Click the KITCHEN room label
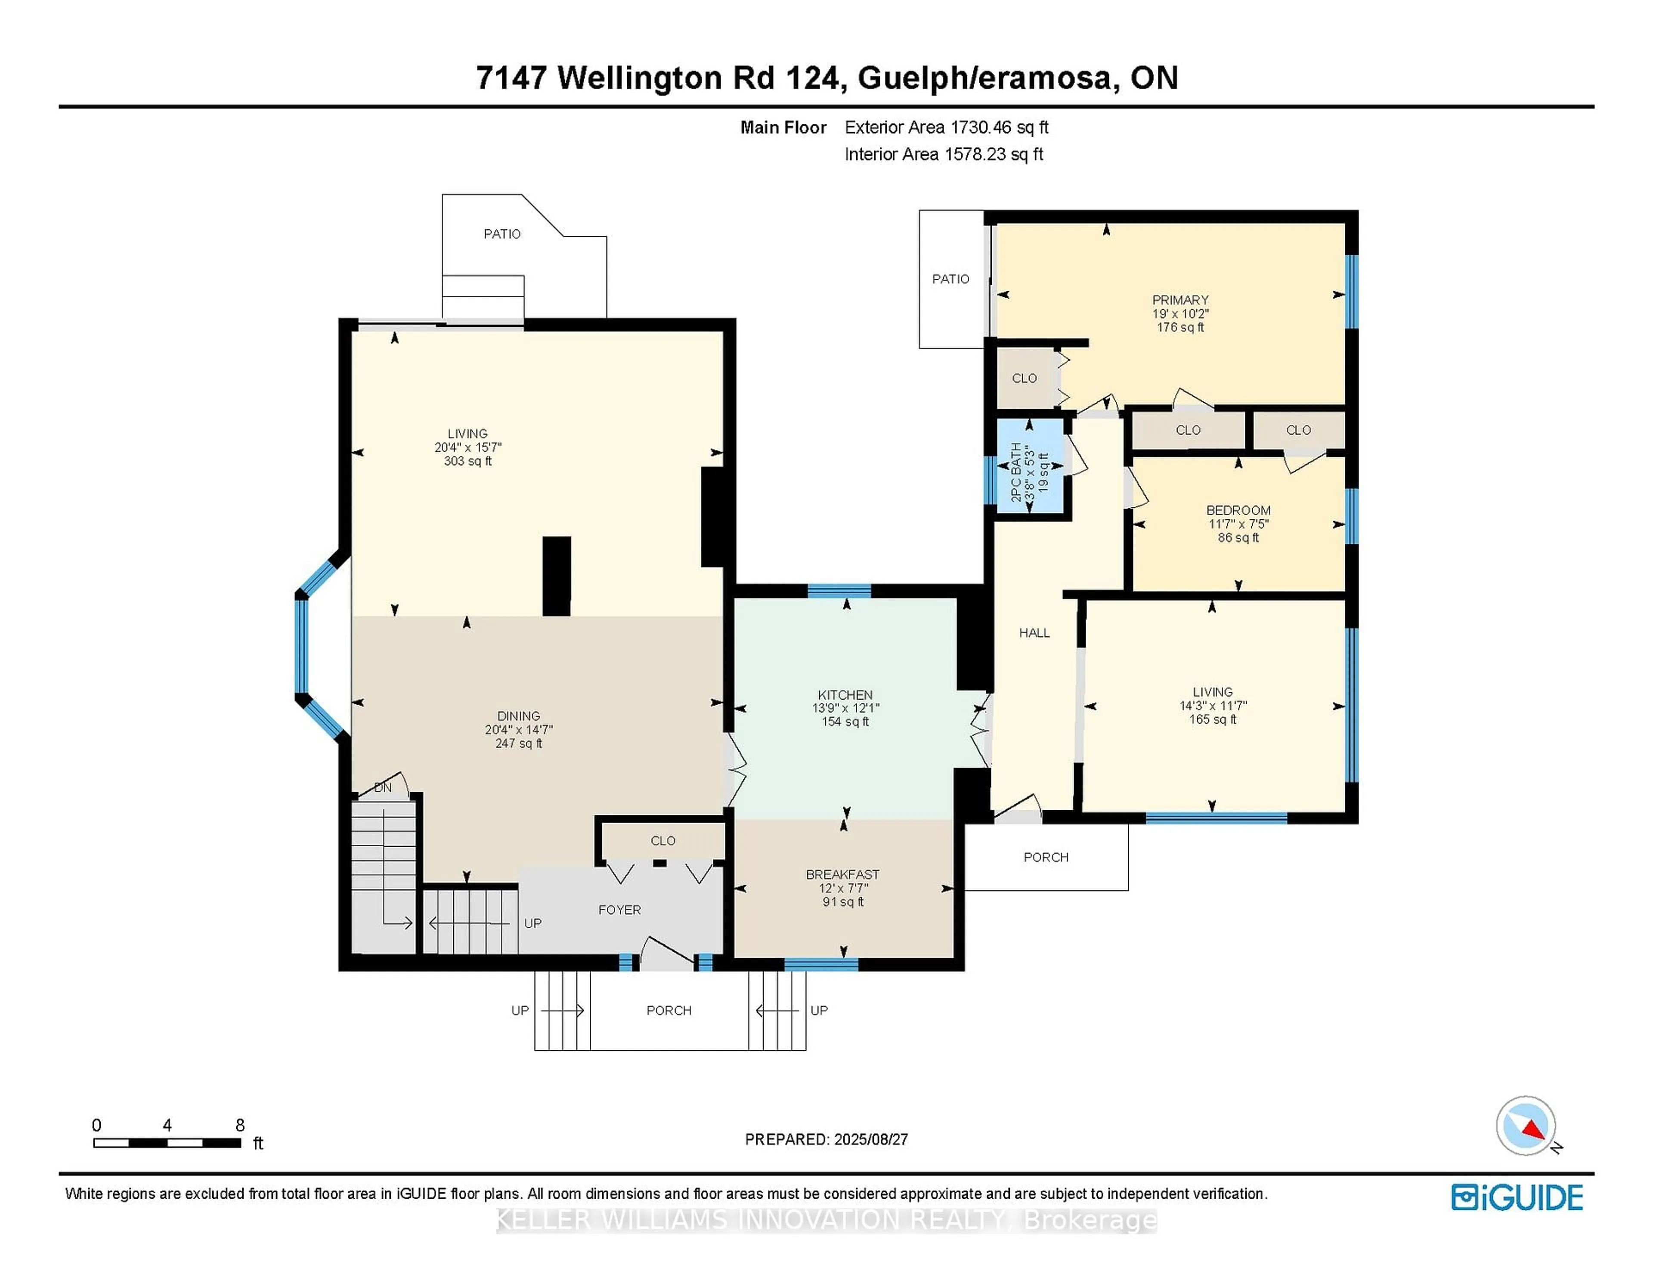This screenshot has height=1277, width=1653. coord(845,694)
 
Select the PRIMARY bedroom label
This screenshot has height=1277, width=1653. coord(1180,299)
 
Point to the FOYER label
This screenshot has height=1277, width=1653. coord(619,909)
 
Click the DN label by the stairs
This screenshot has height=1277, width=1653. coord(383,787)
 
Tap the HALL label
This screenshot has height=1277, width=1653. coord(1034,632)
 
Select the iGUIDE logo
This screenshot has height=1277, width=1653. coord(1517,1197)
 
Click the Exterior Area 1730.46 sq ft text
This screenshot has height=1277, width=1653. coord(946,127)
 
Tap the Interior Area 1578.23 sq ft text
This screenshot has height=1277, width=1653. coord(943,154)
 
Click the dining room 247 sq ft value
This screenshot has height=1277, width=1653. coord(518,743)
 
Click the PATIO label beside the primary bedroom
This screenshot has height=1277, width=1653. coord(950,278)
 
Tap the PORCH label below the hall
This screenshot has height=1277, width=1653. coord(1045,857)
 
